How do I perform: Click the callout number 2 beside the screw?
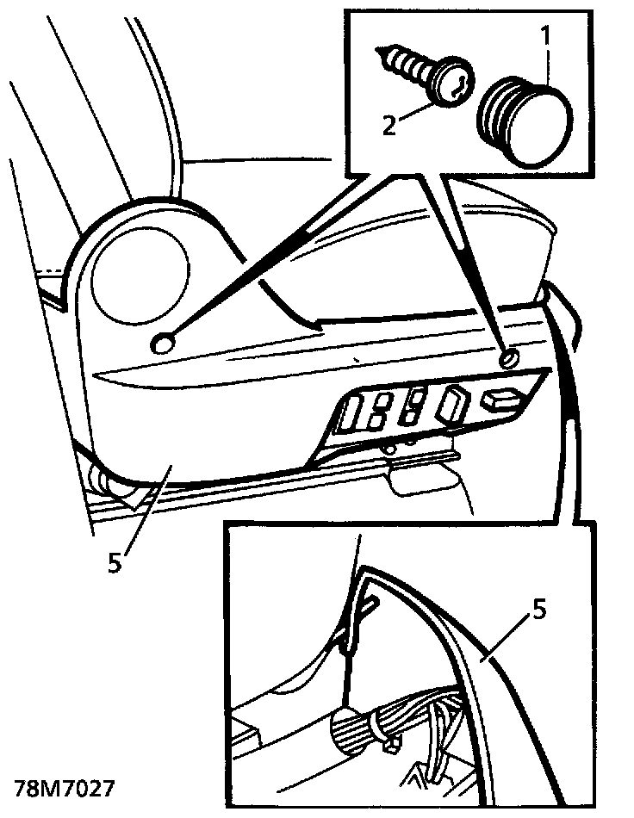pos(389,125)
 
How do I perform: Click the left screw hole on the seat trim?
pos(162,344)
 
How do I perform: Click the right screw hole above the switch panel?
pos(509,358)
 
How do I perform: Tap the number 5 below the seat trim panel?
pos(115,562)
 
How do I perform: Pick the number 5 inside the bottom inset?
pos(538,610)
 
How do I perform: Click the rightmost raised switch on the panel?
pos(500,400)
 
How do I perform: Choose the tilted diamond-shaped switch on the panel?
pos(454,404)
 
